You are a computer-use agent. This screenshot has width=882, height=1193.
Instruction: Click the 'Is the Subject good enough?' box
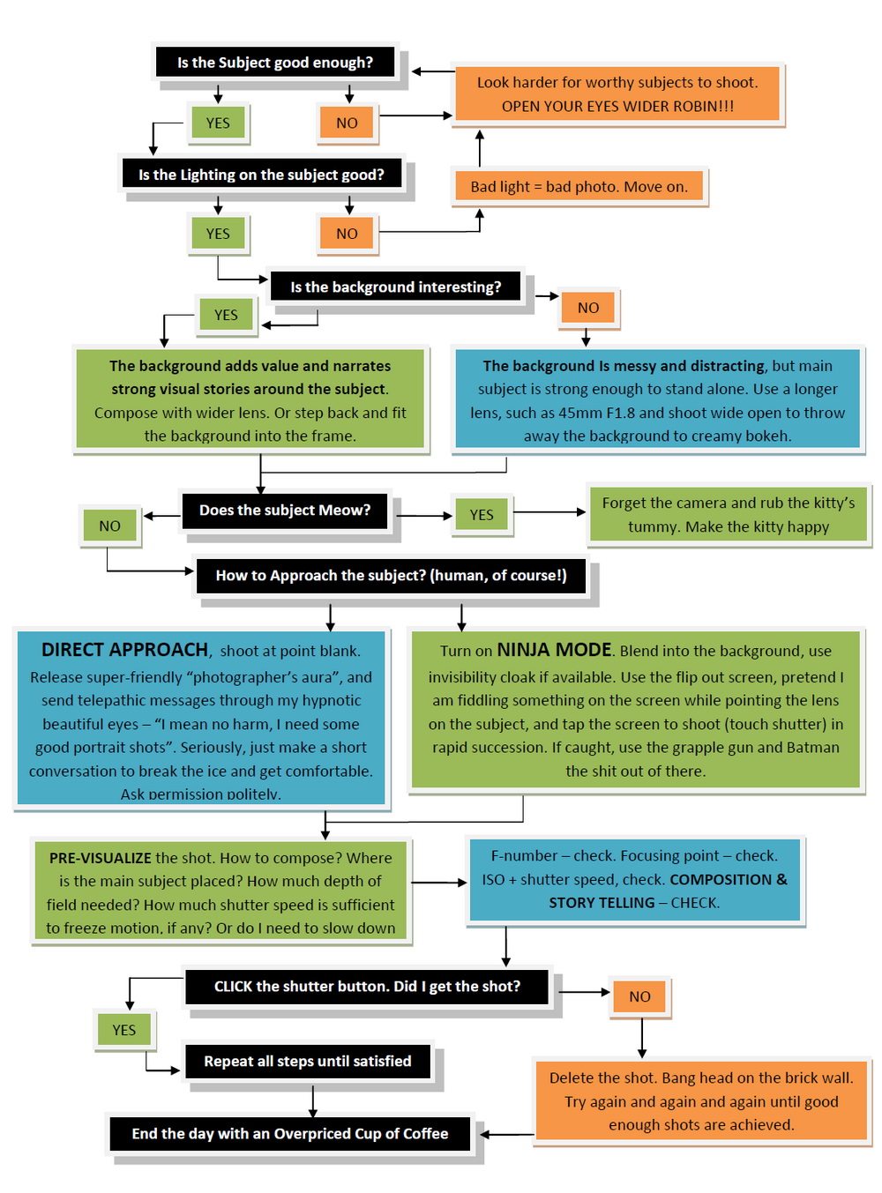click(274, 63)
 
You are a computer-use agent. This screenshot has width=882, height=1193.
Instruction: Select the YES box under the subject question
click(218, 123)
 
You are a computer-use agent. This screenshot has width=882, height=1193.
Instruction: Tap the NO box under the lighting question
click(347, 234)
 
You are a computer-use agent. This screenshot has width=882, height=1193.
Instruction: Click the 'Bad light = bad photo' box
click(579, 186)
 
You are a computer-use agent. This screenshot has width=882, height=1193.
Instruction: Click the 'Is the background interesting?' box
click(395, 287)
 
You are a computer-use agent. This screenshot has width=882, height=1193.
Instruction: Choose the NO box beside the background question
click(588, 308)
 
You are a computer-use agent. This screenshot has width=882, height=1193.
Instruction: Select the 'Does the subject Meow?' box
click(284, 510)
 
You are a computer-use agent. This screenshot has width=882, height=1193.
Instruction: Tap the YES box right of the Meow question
click(482, 514)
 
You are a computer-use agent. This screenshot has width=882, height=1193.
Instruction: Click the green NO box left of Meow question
click(109, 526)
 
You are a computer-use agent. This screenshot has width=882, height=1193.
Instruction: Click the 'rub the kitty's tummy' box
click(728, 514)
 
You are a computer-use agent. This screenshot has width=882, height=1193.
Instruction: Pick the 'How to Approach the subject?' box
click(391, 575)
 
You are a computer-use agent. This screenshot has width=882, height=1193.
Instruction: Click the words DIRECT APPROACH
click(124, 650)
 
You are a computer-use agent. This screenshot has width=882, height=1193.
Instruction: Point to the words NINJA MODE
click(554, 650)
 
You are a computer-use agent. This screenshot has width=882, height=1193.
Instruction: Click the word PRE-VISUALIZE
click(101, 858)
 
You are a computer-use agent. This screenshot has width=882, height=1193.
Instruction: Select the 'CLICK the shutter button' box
click(367, 986)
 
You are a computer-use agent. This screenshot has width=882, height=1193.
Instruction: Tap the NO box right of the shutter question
click(639, 996)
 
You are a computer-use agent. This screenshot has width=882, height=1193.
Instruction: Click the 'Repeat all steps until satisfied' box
click(307, 1061)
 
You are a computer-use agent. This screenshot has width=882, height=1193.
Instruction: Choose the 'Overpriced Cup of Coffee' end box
click(290, 1133)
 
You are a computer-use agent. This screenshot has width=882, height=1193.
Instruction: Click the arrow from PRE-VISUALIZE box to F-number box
click(438, 882)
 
